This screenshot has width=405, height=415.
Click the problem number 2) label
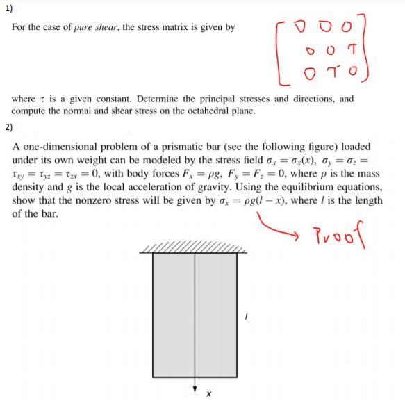[8, 127]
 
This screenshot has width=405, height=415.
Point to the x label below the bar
[207, 394]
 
